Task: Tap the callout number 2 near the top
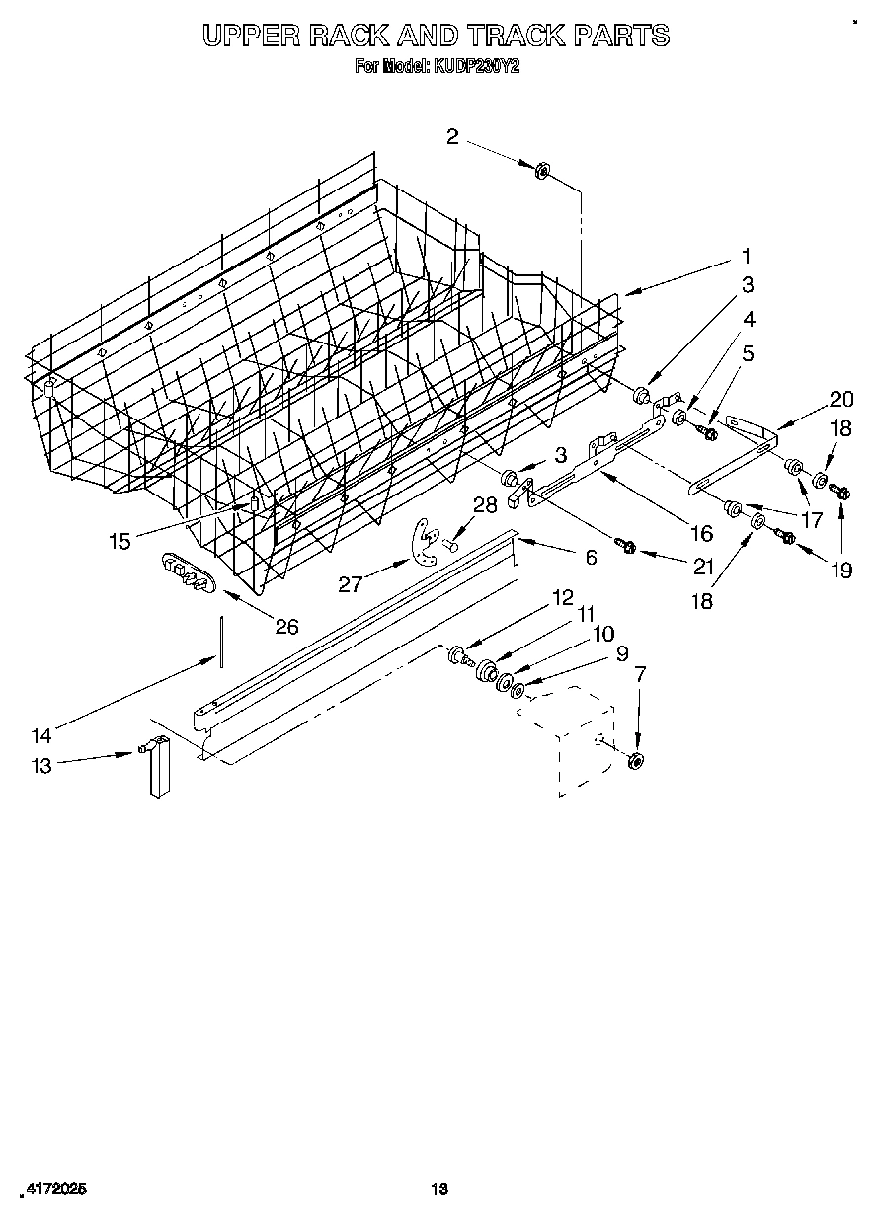coord(452,137)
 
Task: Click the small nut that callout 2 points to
coord(542,173)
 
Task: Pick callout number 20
coord(841,399)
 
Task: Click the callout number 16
coord(701,533)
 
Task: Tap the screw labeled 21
coord(624,543)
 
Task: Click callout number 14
coord(40,734)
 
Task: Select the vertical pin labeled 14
coord(223,640)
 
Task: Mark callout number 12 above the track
coord(563,597)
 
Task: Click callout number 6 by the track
coord(591,558)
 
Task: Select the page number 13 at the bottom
coord(439,1189)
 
